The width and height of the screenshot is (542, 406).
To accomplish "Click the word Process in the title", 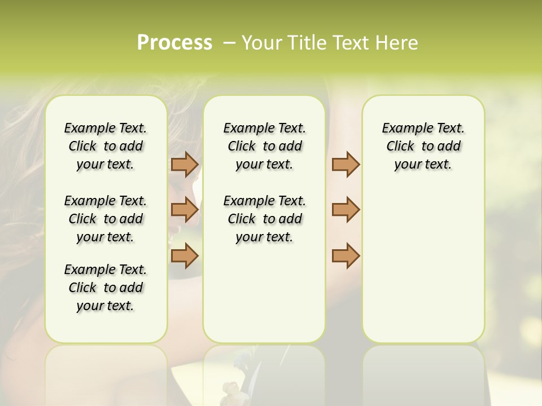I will (174, 43).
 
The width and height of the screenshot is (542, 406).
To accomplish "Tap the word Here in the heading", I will (397, 43).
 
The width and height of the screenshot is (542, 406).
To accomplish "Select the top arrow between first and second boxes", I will (185, 164).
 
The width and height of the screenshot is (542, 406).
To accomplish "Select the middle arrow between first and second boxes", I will (185, 210).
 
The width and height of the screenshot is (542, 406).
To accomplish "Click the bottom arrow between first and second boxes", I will (185, 255).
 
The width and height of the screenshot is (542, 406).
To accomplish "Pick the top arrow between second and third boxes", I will (346, 164).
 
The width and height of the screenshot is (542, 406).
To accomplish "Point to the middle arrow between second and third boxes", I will (346, 210).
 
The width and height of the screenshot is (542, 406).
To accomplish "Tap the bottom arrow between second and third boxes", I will (346, 255).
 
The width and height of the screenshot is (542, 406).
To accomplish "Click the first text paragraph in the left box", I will (106, 146).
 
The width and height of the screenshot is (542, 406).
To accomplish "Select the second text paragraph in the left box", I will (106, 219).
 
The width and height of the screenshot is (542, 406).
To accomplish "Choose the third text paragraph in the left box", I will (106, 288).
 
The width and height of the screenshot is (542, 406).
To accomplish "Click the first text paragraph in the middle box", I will (264, 146).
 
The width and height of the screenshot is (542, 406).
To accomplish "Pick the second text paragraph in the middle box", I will (264, 219).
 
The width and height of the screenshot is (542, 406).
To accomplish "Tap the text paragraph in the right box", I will (423, 146).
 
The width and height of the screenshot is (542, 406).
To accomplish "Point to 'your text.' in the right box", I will (423, 165).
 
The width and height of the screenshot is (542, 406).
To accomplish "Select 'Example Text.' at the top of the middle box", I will (264, 129).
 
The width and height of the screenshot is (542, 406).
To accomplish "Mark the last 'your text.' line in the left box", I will (106, 306).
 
